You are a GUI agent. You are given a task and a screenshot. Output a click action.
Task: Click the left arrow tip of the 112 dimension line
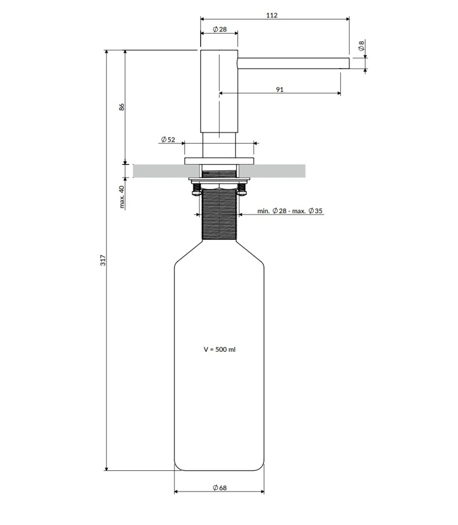point(201,19)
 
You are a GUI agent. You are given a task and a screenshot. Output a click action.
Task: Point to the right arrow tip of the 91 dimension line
point(341,93)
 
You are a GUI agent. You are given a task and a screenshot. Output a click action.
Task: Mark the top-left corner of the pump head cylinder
point(201,50)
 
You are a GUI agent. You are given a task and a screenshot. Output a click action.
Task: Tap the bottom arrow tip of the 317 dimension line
point(107,470)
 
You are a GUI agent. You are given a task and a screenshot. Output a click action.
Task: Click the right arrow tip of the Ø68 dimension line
point(264,491)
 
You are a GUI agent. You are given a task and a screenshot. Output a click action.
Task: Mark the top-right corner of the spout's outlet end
point(349,58)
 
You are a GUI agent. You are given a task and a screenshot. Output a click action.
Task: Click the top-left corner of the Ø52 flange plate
point(185,157)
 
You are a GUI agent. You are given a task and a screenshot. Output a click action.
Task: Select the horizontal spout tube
point(294,64)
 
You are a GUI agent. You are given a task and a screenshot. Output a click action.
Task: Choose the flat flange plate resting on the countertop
point(219,161)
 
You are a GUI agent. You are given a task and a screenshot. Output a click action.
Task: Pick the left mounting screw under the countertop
point(196,188)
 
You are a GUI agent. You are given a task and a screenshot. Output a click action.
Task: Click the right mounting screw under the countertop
point(242,188)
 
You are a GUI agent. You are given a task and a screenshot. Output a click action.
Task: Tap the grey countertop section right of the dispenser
point(272,170)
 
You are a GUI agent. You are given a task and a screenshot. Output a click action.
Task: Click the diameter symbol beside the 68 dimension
point(216,488)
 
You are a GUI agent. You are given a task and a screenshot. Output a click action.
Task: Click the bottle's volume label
point(220,349)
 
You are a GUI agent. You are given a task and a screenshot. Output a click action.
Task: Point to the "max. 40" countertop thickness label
point(122,197)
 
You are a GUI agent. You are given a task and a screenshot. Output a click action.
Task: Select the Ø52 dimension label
point(168,139)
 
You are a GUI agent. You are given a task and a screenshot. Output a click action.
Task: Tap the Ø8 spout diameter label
point(361,45)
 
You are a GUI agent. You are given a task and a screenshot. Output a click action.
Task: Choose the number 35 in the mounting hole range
point(318,211)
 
